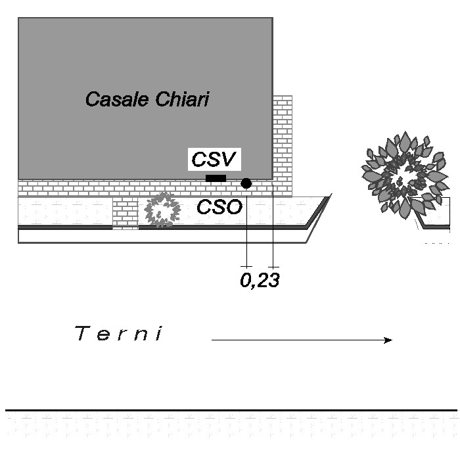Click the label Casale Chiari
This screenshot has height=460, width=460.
click(147, 100)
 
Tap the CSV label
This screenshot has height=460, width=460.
click(215, 160)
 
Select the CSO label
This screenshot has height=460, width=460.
click(219, 208)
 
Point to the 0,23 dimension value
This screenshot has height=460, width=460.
click(260, 281)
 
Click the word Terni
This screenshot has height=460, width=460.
click(119, 334)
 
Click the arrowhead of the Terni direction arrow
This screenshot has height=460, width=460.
click(388, 340)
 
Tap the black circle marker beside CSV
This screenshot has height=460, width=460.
click(246, 183)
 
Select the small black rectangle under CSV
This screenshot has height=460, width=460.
click(216, 179)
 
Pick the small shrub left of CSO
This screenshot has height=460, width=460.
click(162, 210)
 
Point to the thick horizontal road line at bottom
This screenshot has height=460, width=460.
click(230, 410)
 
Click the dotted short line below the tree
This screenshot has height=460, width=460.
click(437, 243)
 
